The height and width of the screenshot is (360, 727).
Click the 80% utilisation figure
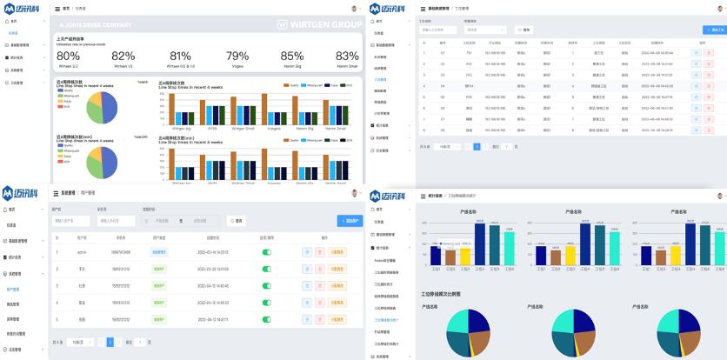pos(69,56)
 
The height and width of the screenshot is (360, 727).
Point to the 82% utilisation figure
pos(123,56)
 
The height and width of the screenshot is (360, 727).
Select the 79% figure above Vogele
pos(237,56)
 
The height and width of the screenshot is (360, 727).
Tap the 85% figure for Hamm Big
pos(293,56)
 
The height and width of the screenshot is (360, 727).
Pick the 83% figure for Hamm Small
pos(347,56)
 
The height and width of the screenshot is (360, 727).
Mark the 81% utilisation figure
pos(180,56)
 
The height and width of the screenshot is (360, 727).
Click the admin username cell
pos(82,252)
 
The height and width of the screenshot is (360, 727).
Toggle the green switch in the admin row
pos(267,252)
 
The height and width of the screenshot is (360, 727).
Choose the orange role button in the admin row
pos(337,252)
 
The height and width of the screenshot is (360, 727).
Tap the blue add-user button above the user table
pos(350,221)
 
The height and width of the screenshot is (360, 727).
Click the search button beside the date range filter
pos(236,221)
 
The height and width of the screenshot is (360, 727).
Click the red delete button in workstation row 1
pos(709,53)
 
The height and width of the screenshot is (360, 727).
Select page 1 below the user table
pos(110,342)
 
